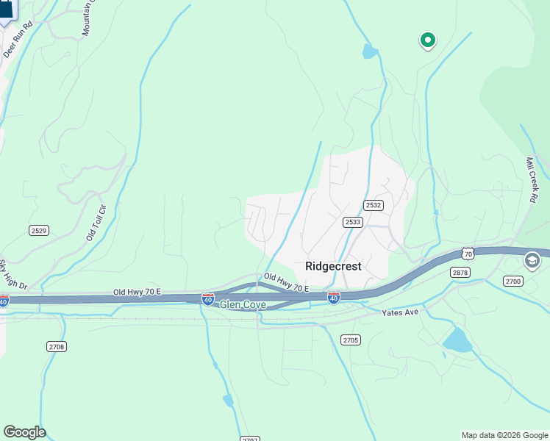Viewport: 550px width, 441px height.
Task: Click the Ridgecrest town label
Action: click(x=333, y=266)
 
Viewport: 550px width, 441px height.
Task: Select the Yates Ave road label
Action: click(x=400, y=312)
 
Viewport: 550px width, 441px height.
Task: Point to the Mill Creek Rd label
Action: click(x=533, y=179)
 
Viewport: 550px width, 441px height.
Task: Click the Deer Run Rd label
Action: click(x=18, y=40)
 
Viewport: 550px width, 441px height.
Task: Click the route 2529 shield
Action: click(x=39, y=231)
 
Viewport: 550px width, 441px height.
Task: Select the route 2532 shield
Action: click(x=373, y=205)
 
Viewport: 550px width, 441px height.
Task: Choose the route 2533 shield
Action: click(x=353, y=221)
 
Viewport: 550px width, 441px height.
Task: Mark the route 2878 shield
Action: click(x=460, y=273)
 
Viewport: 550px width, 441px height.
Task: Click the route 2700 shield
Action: click(x=512, y=281)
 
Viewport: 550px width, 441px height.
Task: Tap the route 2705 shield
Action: click(x=351, y=339)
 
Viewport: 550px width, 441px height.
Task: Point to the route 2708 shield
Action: click(x=57, y=346)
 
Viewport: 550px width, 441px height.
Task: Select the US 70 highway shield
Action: click(x=468, y=254)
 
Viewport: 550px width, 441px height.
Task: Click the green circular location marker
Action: click(x=427, y=40)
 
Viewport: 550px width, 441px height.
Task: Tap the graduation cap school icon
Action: click(x=532, y=260)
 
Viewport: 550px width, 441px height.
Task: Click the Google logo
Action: click(x=24, y=432)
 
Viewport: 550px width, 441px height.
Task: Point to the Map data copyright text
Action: click(x=504, y=435)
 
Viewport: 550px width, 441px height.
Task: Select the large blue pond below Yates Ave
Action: click(x=458, y=339)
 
